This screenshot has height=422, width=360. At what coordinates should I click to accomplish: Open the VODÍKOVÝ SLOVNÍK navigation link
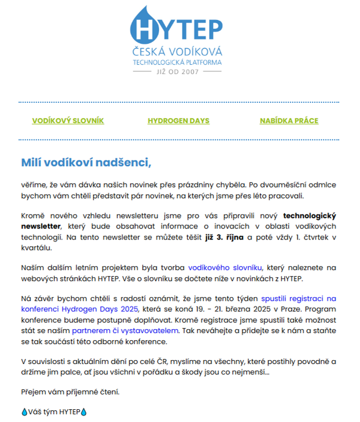(x=68, y=121)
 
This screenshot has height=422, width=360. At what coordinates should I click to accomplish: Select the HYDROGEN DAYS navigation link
(x=178, y=121)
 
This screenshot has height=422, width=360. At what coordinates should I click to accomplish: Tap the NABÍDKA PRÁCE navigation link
(x=289, y=121)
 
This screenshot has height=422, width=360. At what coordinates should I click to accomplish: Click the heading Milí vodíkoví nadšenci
(x=86, y=163)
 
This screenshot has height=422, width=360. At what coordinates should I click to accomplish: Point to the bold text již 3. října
(x=224, y=237)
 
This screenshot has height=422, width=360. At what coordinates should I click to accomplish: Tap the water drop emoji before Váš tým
(x=24, y=412)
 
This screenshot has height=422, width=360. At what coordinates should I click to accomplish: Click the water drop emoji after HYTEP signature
(x=84, y=412)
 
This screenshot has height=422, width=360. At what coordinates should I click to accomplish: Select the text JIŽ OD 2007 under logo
(x=178, y=72)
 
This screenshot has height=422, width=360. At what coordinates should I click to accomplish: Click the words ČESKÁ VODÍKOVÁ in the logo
(x=178, y=52)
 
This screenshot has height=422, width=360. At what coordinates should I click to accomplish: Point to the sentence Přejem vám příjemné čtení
(x=70, y=392)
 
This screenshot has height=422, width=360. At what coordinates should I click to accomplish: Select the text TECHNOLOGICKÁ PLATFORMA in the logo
(x=178, y=62)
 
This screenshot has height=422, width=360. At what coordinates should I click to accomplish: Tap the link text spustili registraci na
(x=298, y=299)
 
